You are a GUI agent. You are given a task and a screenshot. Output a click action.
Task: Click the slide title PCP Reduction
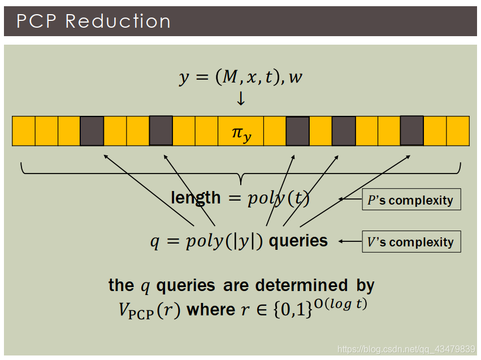93,21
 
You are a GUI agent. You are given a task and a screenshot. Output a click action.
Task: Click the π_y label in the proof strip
241,133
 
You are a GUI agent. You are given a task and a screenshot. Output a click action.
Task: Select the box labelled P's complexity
411,200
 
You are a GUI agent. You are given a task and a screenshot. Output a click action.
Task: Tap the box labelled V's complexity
411,242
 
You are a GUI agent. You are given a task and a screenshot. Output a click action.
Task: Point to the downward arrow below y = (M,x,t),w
241,99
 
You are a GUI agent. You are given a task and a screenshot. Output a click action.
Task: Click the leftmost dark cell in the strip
92,131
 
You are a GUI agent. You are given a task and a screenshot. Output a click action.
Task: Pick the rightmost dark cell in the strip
411,131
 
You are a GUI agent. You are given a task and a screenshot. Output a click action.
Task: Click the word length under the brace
196,197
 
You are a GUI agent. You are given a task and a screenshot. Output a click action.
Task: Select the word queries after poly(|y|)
298,241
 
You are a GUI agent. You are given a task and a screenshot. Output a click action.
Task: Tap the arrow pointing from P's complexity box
350,199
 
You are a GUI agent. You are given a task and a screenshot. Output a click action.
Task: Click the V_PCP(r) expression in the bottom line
146,310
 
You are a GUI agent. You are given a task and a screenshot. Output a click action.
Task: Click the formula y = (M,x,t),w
241,77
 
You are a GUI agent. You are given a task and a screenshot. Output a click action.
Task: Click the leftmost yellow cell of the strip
23,131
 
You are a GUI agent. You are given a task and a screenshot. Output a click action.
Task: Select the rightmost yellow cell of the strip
458,131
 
